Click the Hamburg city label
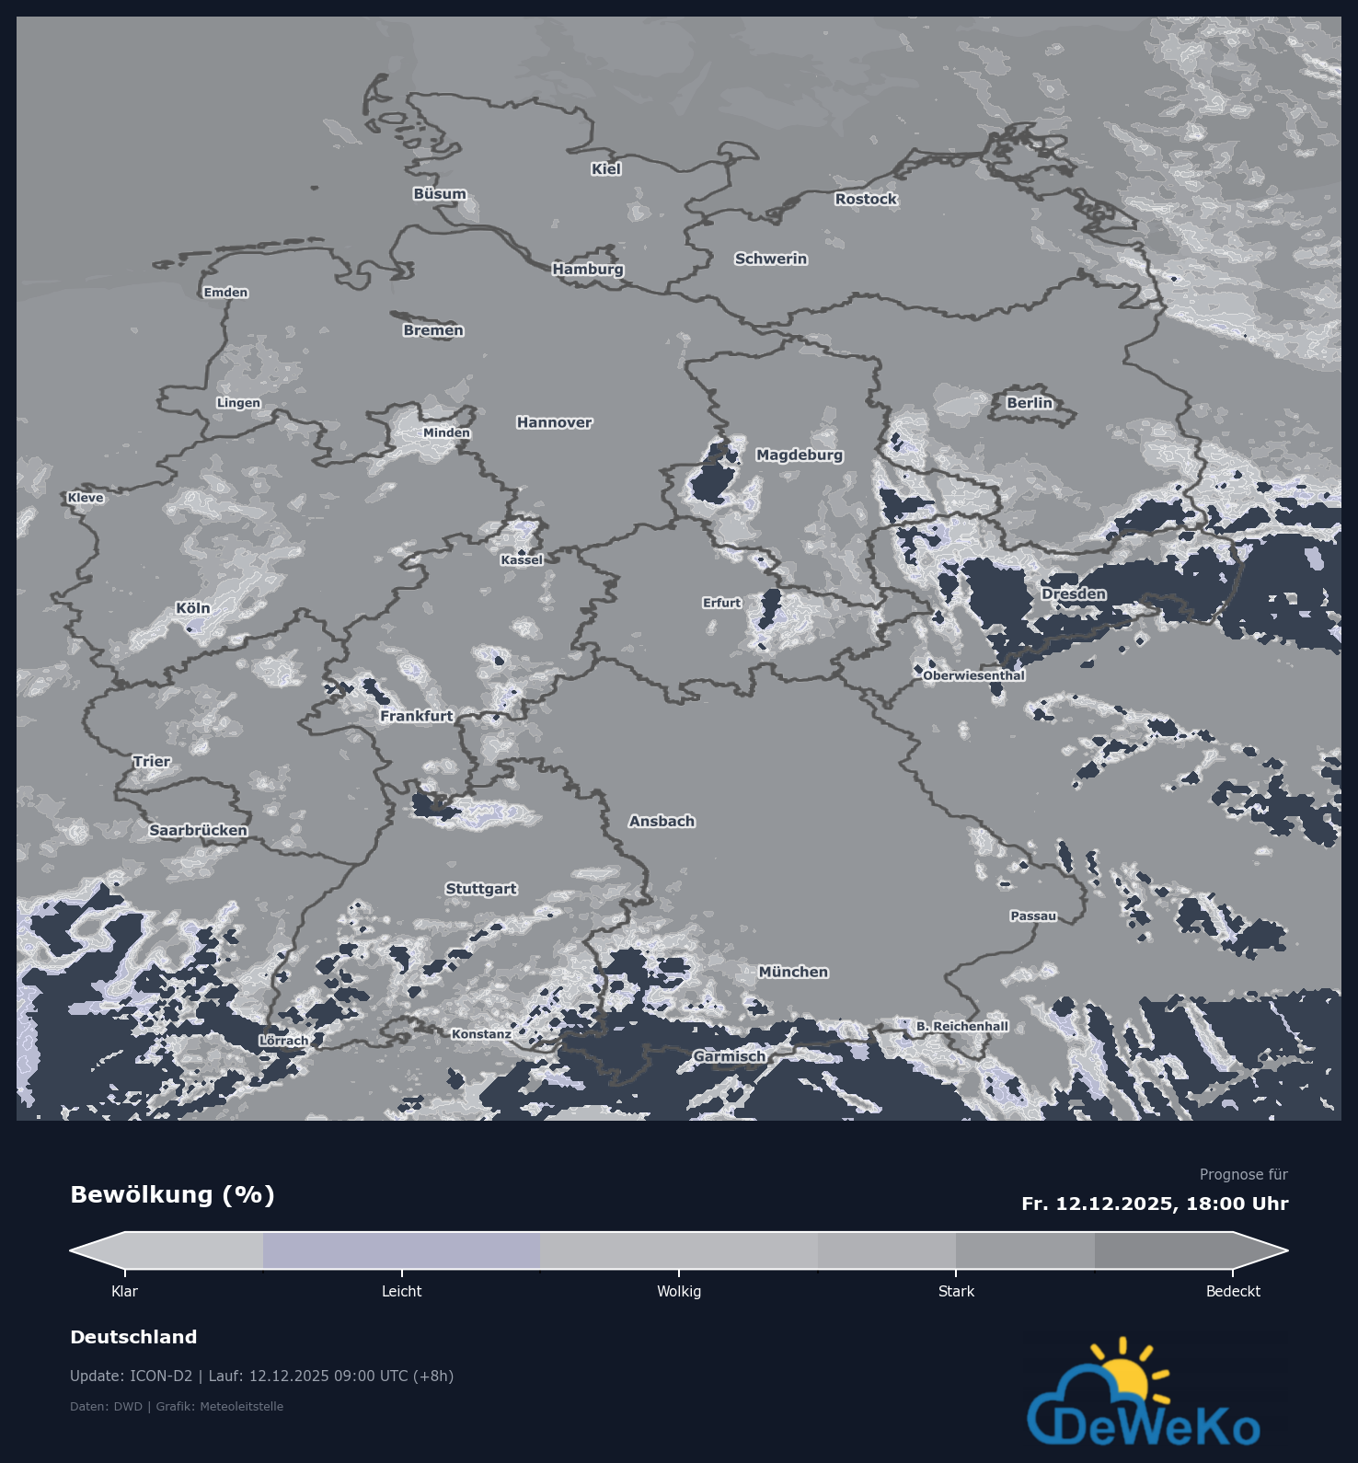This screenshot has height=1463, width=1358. pos(588,269)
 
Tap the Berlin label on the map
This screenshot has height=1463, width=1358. pos(1029,403)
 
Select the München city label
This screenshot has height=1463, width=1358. pos(793,972)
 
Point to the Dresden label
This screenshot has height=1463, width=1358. pos(1074,594)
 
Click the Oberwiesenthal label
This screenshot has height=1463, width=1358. pos(973,675)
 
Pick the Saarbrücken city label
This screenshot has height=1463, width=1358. pos(198,830)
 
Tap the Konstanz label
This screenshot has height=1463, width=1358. pos(481,1034)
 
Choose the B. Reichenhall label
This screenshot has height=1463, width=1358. pos(962,1026)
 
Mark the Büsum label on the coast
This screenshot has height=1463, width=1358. pos(440,194)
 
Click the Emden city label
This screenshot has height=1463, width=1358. pos(225,293)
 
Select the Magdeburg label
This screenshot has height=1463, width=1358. pos(800,455)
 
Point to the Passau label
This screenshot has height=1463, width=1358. pos(1033,916)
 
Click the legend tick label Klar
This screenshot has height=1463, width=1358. pos(124,1292)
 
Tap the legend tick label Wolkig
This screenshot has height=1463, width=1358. pos(679,1292)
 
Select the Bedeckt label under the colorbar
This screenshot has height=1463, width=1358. pos(1233,1292)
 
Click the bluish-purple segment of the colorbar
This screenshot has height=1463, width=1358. pos(401,1251)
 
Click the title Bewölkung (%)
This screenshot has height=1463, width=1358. pos(173,1195)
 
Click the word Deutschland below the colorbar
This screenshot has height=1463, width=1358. pos(133,1337)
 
